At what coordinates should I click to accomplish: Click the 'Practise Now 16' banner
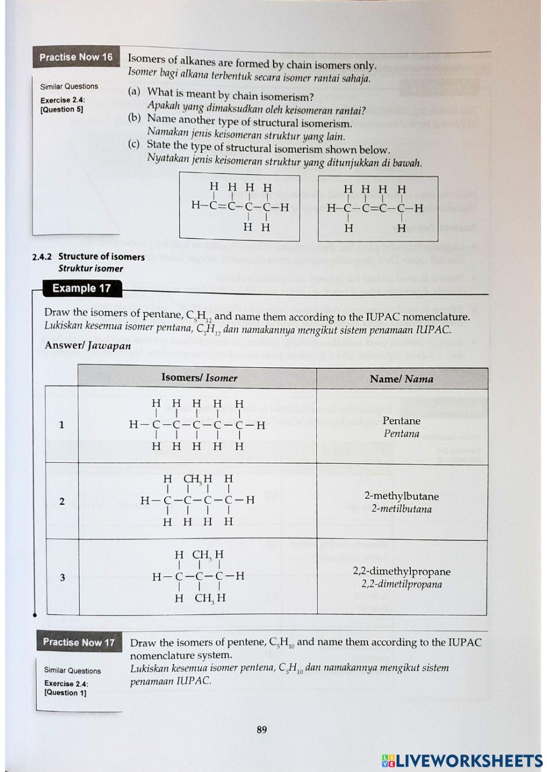coord(75,57)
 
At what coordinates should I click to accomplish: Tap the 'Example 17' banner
coord(82,288)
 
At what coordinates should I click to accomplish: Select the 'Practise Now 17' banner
coord(79,642)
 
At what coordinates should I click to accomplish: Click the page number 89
coord(262,729)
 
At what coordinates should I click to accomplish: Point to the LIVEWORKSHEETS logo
coord(462,761)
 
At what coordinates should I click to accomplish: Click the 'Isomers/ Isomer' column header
coord(199,378)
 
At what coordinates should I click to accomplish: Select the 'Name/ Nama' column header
coord(401,379)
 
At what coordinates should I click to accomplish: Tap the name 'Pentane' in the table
coord(401,421)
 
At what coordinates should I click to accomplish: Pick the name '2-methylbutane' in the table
coord(401,496)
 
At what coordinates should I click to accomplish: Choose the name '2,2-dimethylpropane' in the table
coord(401,571)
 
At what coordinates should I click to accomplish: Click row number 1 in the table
coord(61,425)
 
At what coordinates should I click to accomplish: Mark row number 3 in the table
coord(62,577)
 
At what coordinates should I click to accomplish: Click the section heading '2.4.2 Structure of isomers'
coord(89,257)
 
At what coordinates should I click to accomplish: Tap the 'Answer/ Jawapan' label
coord(88,345)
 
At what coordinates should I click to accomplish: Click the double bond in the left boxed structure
coord(221,207)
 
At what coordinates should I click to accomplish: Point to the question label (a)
coord(134,91)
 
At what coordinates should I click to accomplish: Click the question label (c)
coord(133,144)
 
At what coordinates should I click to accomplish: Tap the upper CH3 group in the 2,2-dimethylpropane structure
coord(201,555)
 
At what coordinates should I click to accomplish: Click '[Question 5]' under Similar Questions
coord(62,109)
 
